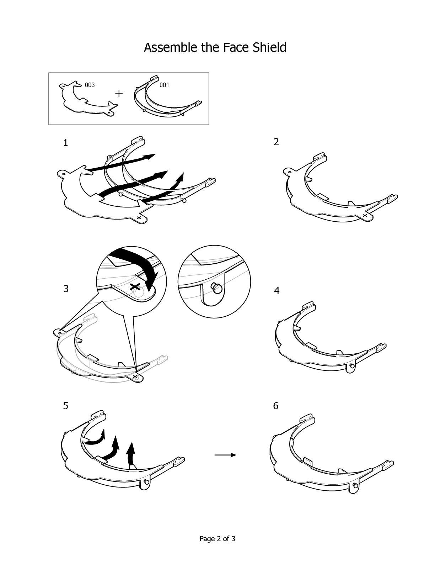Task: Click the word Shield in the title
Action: [269, 47]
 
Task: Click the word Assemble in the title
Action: [170, 47]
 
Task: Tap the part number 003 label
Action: [90, 85]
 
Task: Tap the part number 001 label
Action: [164, 85]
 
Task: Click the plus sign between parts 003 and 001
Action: [119, 93]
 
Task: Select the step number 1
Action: [66, 142]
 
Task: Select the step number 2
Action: [276, 142]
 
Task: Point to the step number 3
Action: [66, 289]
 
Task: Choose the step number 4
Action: [277, 291]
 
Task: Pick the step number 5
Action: [66, 406]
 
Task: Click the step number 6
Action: [276, 406]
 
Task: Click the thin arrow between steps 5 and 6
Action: [225, 455]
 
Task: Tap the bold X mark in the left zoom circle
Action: [135, 287]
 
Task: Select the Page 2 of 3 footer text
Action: [217, 539]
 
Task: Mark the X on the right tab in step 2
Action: [365, 215]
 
